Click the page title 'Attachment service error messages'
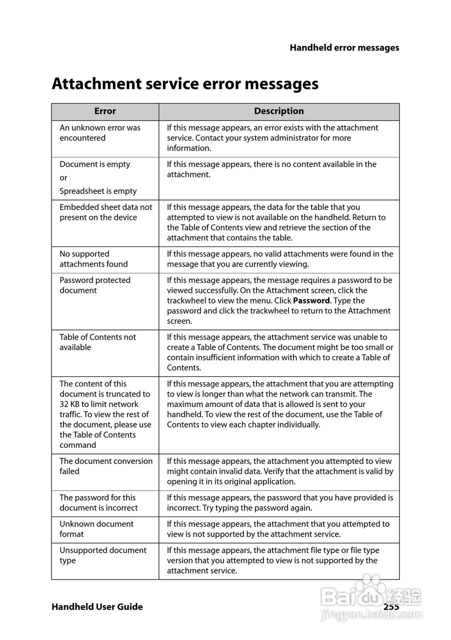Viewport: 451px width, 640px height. [185, 83]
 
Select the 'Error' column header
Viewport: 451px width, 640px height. [105, 111]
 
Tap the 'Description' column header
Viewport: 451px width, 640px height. [279, 111]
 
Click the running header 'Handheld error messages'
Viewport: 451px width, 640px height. [344, 48]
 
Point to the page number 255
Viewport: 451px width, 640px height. [391, 606]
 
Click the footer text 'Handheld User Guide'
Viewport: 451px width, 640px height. [97, 607]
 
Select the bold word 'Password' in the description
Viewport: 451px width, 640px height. [311, 301]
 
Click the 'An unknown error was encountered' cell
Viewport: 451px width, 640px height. [100, 133]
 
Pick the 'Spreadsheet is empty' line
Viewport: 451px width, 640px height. [98, 191]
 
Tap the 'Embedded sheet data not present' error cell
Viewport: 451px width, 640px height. [105, 212]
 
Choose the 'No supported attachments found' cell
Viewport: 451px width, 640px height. [93, 259]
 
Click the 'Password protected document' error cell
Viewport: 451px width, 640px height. [95, 285]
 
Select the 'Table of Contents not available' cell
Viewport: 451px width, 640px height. [97, 342]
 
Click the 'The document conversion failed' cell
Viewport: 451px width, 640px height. [106, 466]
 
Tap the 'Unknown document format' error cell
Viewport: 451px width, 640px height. [96, 529]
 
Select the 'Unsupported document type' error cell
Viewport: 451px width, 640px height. [103, 555]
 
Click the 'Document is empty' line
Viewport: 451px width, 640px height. [95, 164]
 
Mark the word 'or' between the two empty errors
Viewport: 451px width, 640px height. [63, 178]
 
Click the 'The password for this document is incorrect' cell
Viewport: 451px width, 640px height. [98, 502]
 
